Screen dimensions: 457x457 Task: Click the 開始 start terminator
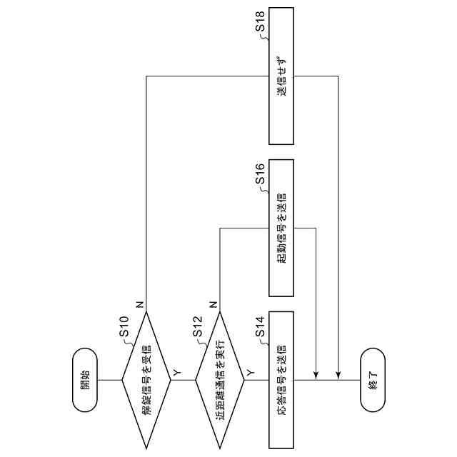click(84, 380)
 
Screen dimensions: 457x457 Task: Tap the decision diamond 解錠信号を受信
click(146, 380)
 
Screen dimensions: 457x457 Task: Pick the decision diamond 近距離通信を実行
click(220, 380)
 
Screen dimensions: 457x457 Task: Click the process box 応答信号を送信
click(281, 380)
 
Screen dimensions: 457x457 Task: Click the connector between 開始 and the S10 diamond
click(109, 380)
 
